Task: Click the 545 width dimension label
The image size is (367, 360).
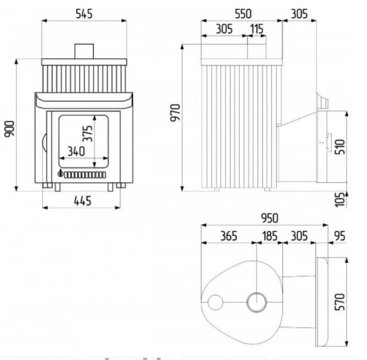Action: (x=84, y=14)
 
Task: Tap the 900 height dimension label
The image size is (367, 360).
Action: (x=9, y=129)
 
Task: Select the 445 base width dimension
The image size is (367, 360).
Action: (x=83, y=201)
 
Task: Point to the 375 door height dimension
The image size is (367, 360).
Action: (x=88, y=134)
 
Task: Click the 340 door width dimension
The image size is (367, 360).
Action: (x=76, y=151)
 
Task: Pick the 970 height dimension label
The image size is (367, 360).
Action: (x=176, y=113)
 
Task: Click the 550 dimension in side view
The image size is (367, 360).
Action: (x=243, y=14)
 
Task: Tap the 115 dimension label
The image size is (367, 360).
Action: (x=257, y=29)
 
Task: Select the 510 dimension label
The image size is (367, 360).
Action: (x=340, y=147)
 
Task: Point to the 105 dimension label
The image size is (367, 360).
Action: (x=340, y=200)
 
